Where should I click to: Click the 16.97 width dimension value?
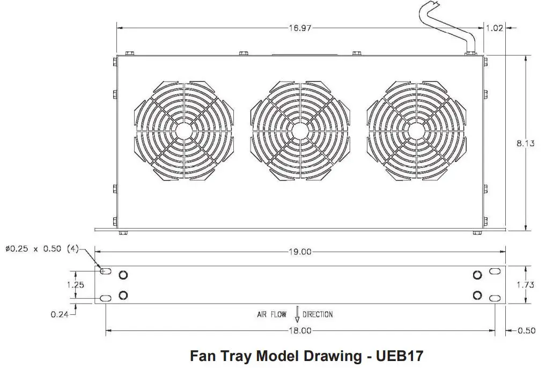(x=300, y=28)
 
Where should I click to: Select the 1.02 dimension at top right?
(x=494, y=28)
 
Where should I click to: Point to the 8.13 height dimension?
(x=526, y=144)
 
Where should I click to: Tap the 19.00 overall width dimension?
(x=300, y=252)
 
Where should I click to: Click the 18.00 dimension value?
(x=300, y=331)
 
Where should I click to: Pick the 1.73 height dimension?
(x=525, y=285)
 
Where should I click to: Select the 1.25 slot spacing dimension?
(x=76, y=285)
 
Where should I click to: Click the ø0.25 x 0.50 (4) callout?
(x=42, y=249)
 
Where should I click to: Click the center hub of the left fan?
(x=183, y=131)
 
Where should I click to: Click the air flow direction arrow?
(x=297, y=315)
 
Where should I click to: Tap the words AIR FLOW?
(x=271, y=314)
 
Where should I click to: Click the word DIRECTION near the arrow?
(x=318, y=314)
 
